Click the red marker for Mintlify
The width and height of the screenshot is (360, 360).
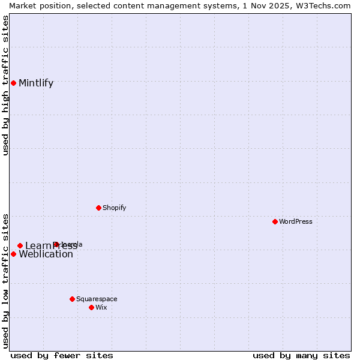(x=13, y=83)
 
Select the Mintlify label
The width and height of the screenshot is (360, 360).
(x=36, y=83)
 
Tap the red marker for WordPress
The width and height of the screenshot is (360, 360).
(x=275, y=221)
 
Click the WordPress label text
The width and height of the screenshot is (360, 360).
(x=296, y=221)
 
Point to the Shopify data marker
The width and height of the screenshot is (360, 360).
(x=98, y=208)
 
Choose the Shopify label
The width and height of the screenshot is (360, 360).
(x=114, y=208)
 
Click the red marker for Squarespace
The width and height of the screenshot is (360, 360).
(x=72, y=299)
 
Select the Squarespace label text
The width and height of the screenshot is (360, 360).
(x=97, y=299)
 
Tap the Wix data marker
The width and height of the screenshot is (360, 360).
(x=91, y=307)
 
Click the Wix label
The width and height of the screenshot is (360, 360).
(x=101, y=307)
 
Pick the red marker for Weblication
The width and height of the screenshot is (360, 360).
(x=13, y=254)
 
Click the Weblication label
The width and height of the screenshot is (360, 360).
(x=46, y=254)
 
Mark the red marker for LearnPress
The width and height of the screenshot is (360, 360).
(x=20, y=245)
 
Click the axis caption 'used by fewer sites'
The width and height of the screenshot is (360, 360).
(x=62, y=355)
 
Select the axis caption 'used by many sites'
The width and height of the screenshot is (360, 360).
(x=301, y=355)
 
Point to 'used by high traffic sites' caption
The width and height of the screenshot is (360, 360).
(x=5, y=85)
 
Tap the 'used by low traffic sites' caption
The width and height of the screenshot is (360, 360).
(x=5, y=280)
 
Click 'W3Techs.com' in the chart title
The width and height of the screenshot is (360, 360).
(x=323, y=5)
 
